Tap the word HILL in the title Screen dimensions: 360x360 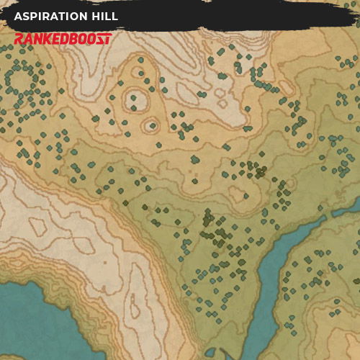click(x=104, y=17)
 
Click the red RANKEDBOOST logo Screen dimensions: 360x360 click(x=63, y=39)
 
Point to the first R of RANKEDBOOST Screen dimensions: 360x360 click(x=19, y=39)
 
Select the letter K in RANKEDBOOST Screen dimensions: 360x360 click(x=50, y=39)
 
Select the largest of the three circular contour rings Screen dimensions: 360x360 click(x=134, y=99)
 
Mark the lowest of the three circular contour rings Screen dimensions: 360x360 click(x=150, y=125)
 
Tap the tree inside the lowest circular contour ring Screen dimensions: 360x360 click(x=150, y=126)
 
